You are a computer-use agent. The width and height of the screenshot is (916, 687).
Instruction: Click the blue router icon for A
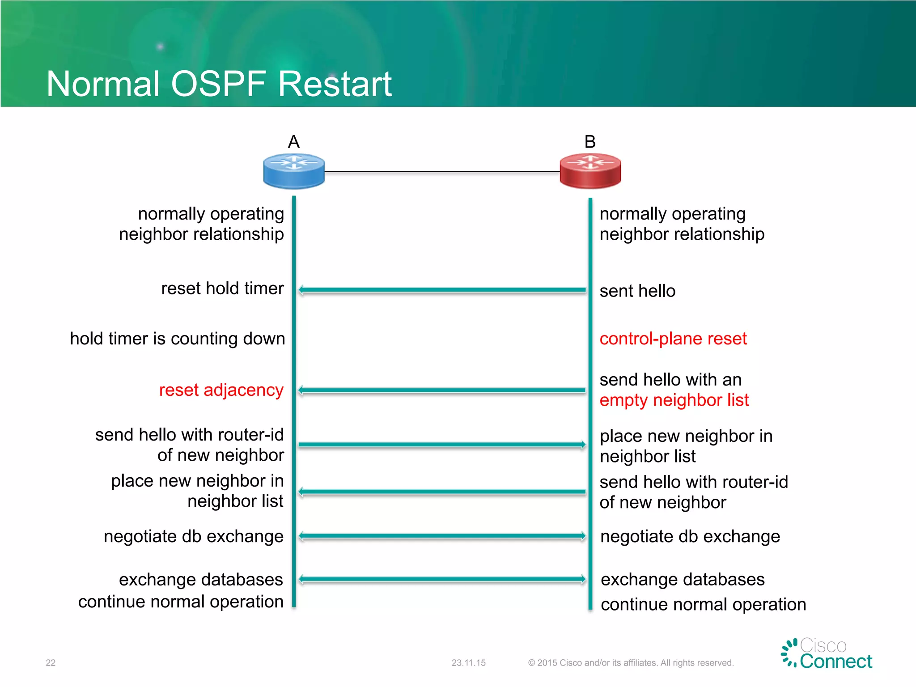click(294, 171)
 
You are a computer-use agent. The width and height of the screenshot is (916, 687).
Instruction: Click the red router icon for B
click(590, 171)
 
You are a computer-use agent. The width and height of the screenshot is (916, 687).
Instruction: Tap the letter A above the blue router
click(293, 142)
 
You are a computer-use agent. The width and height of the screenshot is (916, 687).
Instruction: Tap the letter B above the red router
click(590, 142)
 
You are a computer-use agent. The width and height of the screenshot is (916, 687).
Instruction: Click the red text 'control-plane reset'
click(673, 339)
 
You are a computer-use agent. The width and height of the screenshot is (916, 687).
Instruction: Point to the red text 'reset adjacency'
click(221, 390)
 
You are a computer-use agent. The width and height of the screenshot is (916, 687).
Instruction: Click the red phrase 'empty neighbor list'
click(674, 400)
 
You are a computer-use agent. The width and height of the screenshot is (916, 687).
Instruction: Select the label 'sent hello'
click(637, 291)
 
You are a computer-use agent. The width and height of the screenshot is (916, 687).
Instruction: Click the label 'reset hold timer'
click(222, 288)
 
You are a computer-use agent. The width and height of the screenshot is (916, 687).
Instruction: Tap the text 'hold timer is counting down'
click(178, 339)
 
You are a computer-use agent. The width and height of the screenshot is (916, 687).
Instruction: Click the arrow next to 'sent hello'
click(442, 290)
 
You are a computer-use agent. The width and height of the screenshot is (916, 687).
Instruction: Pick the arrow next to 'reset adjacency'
click(442, 390)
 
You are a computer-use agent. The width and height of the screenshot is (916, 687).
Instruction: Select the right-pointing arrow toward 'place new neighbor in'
click(442, 445)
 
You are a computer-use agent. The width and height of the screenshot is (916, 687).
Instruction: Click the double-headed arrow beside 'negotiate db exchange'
click(442, 535)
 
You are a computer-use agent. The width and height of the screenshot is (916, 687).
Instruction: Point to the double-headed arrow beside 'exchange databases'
click(442, 579)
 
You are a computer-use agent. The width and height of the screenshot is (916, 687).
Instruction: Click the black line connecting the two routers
click(442, 171)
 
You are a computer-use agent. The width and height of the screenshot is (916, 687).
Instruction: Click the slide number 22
click(51, 662)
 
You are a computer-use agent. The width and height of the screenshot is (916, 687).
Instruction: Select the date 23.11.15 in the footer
click(468, 662)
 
